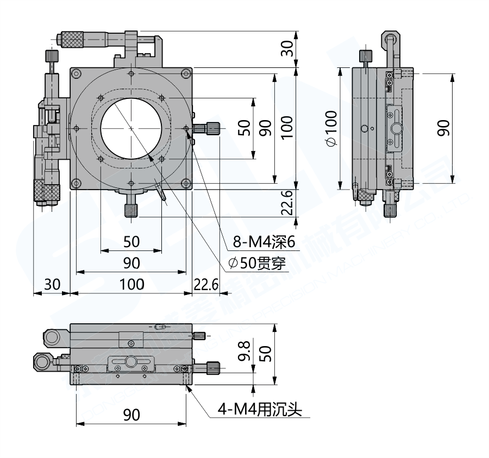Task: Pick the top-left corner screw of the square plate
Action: tap(76, 74)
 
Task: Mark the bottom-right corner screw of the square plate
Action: tap(186, 183)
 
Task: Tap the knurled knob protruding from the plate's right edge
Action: tap(209, 128)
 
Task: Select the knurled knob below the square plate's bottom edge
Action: tap(131, 210)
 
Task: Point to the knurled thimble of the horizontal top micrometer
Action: tap(73, 39)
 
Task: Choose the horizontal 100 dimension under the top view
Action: tap(131, 284)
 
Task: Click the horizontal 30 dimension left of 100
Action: tap(52, 284)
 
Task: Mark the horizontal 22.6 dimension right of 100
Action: tap(206, 284)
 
